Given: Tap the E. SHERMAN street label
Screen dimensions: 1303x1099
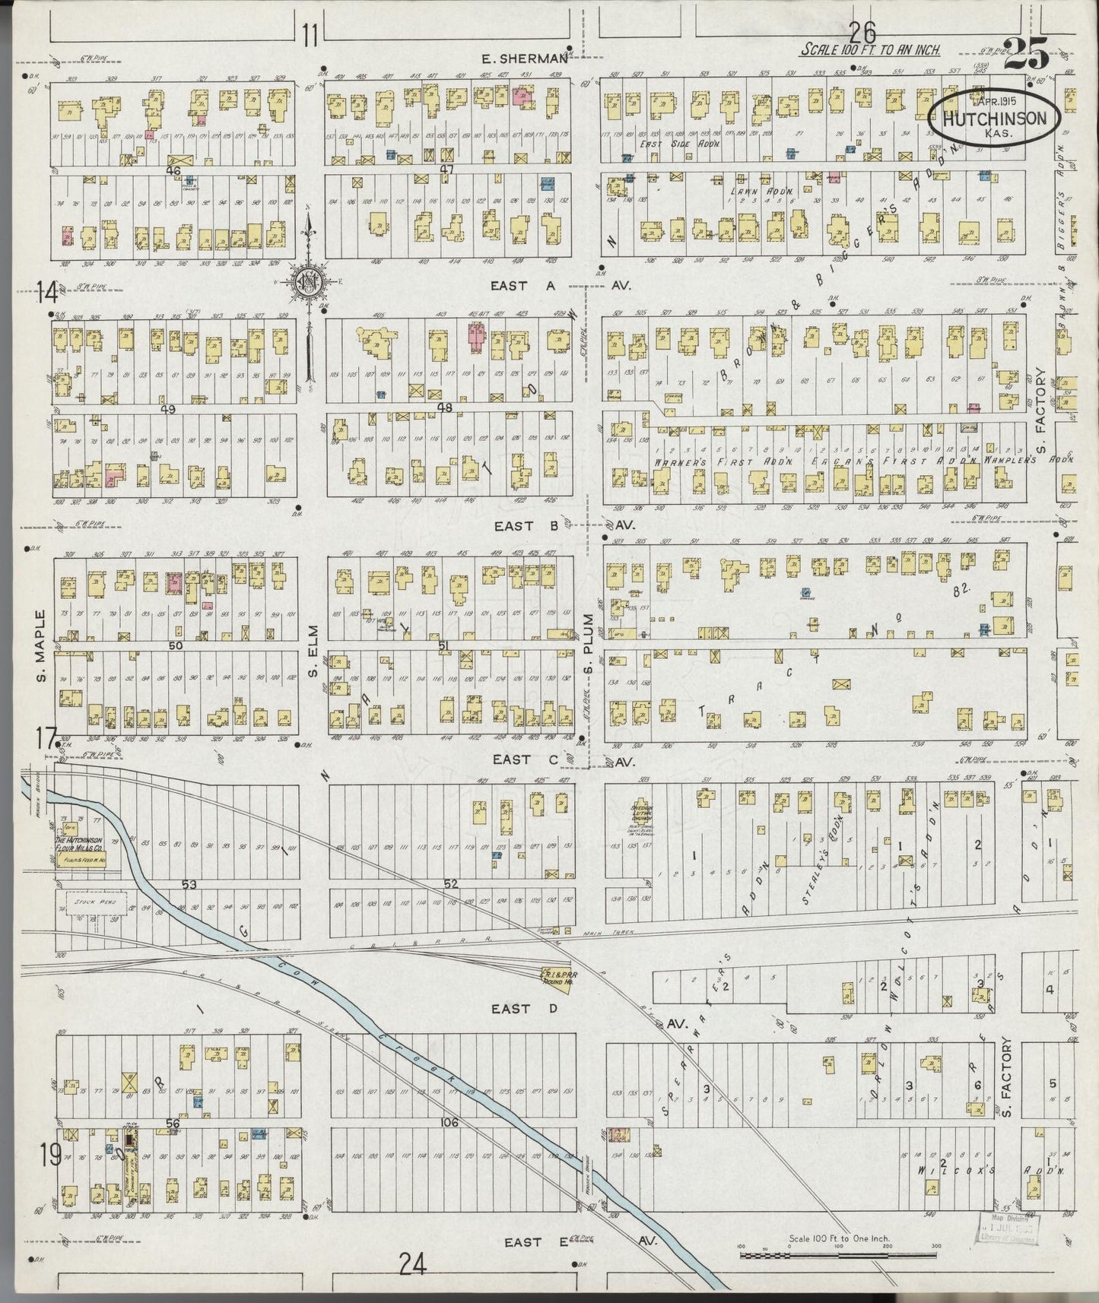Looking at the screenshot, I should (x=525, y=59).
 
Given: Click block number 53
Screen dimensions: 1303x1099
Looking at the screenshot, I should (x=189, y=884).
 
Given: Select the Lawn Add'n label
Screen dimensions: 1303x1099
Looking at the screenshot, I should (x=772, y=192).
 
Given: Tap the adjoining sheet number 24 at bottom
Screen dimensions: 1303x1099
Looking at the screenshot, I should (x=412, y=1263).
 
